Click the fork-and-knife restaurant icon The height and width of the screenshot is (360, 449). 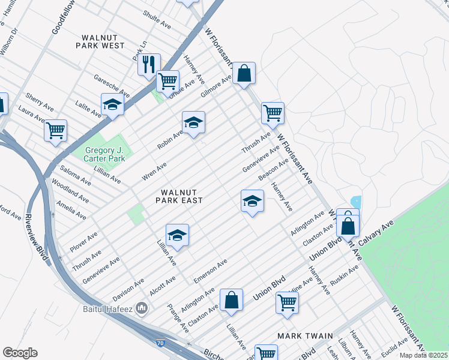click(x=148, y=64)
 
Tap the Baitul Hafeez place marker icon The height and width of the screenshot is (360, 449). click(x=142, y=308)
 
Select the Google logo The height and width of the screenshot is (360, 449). click(x=20, y=353)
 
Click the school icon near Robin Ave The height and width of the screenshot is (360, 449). click(x=193, y=122)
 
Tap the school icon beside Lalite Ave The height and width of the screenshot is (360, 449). click(x=112, y=105)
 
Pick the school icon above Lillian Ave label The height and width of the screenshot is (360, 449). click(x=177, y=235)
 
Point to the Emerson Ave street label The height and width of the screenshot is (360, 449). click(x=210, y=271)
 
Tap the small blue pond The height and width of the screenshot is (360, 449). click(x=356, y=202)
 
